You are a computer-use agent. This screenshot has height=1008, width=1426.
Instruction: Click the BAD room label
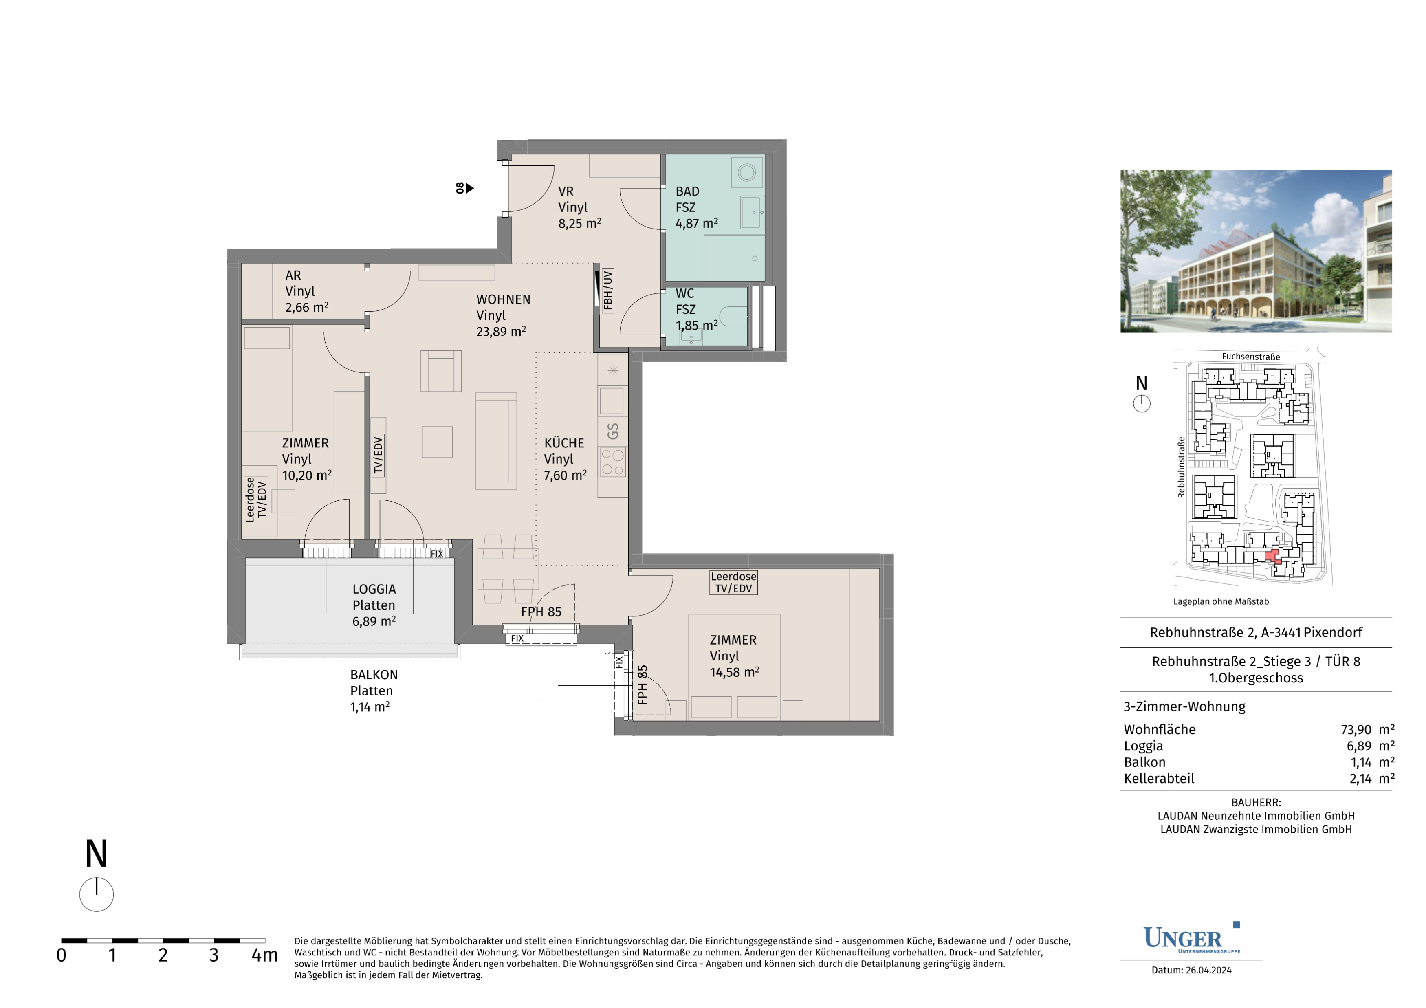click(687, 191)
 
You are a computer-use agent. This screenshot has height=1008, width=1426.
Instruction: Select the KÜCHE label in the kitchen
click(564, 443)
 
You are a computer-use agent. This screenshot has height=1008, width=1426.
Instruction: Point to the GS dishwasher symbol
click(612, 431)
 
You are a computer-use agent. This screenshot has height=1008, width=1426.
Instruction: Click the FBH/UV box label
click(608, 290)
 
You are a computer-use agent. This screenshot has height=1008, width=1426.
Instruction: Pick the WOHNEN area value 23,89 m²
click(501, 332)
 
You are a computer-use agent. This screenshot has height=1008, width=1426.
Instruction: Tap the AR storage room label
click(293, 275)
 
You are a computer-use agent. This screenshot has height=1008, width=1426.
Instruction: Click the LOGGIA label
click(374, 589)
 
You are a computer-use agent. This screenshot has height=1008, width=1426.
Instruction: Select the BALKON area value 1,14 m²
click(370, 707)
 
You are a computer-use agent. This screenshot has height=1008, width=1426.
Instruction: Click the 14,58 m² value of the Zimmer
click(734, 672)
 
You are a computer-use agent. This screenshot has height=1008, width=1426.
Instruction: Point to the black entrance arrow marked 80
click(469, 187)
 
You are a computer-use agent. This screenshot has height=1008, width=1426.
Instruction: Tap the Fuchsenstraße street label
click(1251, 357)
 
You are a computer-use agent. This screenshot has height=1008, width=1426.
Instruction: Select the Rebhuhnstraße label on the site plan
click(1181, 467)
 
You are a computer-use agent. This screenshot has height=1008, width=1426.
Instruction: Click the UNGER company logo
click(1191, 938)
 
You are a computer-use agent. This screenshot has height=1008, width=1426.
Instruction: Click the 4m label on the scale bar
click(264, 955)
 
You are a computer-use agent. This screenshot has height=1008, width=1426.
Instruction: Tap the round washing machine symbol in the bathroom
click(746, 172)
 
